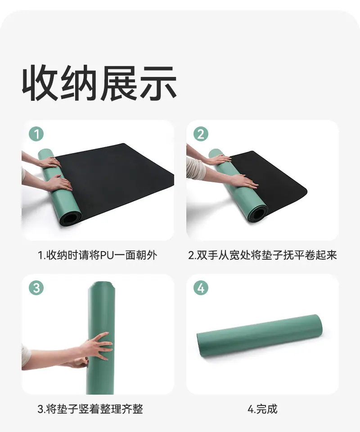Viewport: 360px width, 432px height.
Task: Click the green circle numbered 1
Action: (36, 134)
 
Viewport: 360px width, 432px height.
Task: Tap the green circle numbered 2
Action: (201, 134)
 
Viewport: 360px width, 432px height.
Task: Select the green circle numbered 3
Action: (36, 288)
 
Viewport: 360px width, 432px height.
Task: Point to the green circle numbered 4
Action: (201, 288)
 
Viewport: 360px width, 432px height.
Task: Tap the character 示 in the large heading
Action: (158, 83)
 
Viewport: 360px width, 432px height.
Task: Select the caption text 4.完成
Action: (262, 409)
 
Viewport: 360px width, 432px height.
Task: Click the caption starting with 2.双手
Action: (262, 255)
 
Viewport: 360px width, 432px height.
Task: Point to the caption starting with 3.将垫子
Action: (90, 409)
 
